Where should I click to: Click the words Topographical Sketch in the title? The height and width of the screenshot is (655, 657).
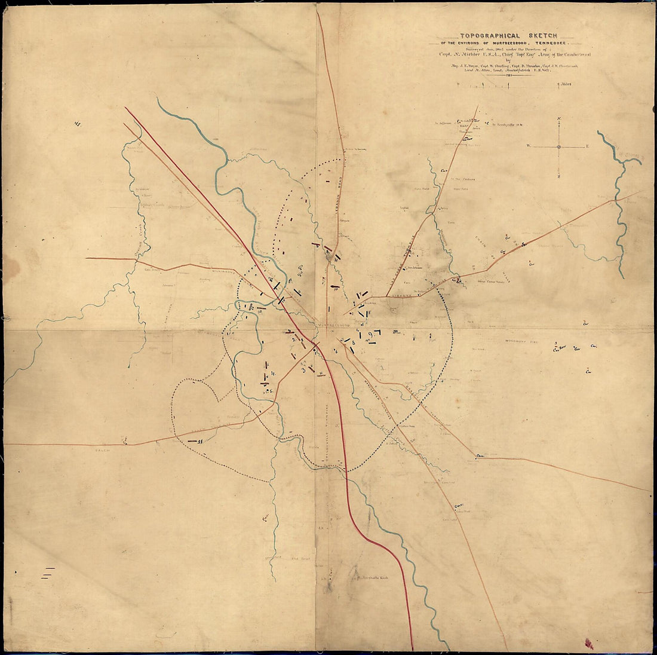pos(505,36)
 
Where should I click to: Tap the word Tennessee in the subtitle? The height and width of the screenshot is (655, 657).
pos(550,44)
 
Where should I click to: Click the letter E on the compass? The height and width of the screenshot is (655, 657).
pos(587,146)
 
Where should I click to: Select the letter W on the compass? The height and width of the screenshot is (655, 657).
pos(528,146)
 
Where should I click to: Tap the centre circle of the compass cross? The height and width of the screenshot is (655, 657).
pos(558,146)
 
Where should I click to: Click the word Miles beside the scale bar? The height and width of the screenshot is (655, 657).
pos(564,84)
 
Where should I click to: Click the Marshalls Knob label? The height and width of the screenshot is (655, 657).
pos(376,579)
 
